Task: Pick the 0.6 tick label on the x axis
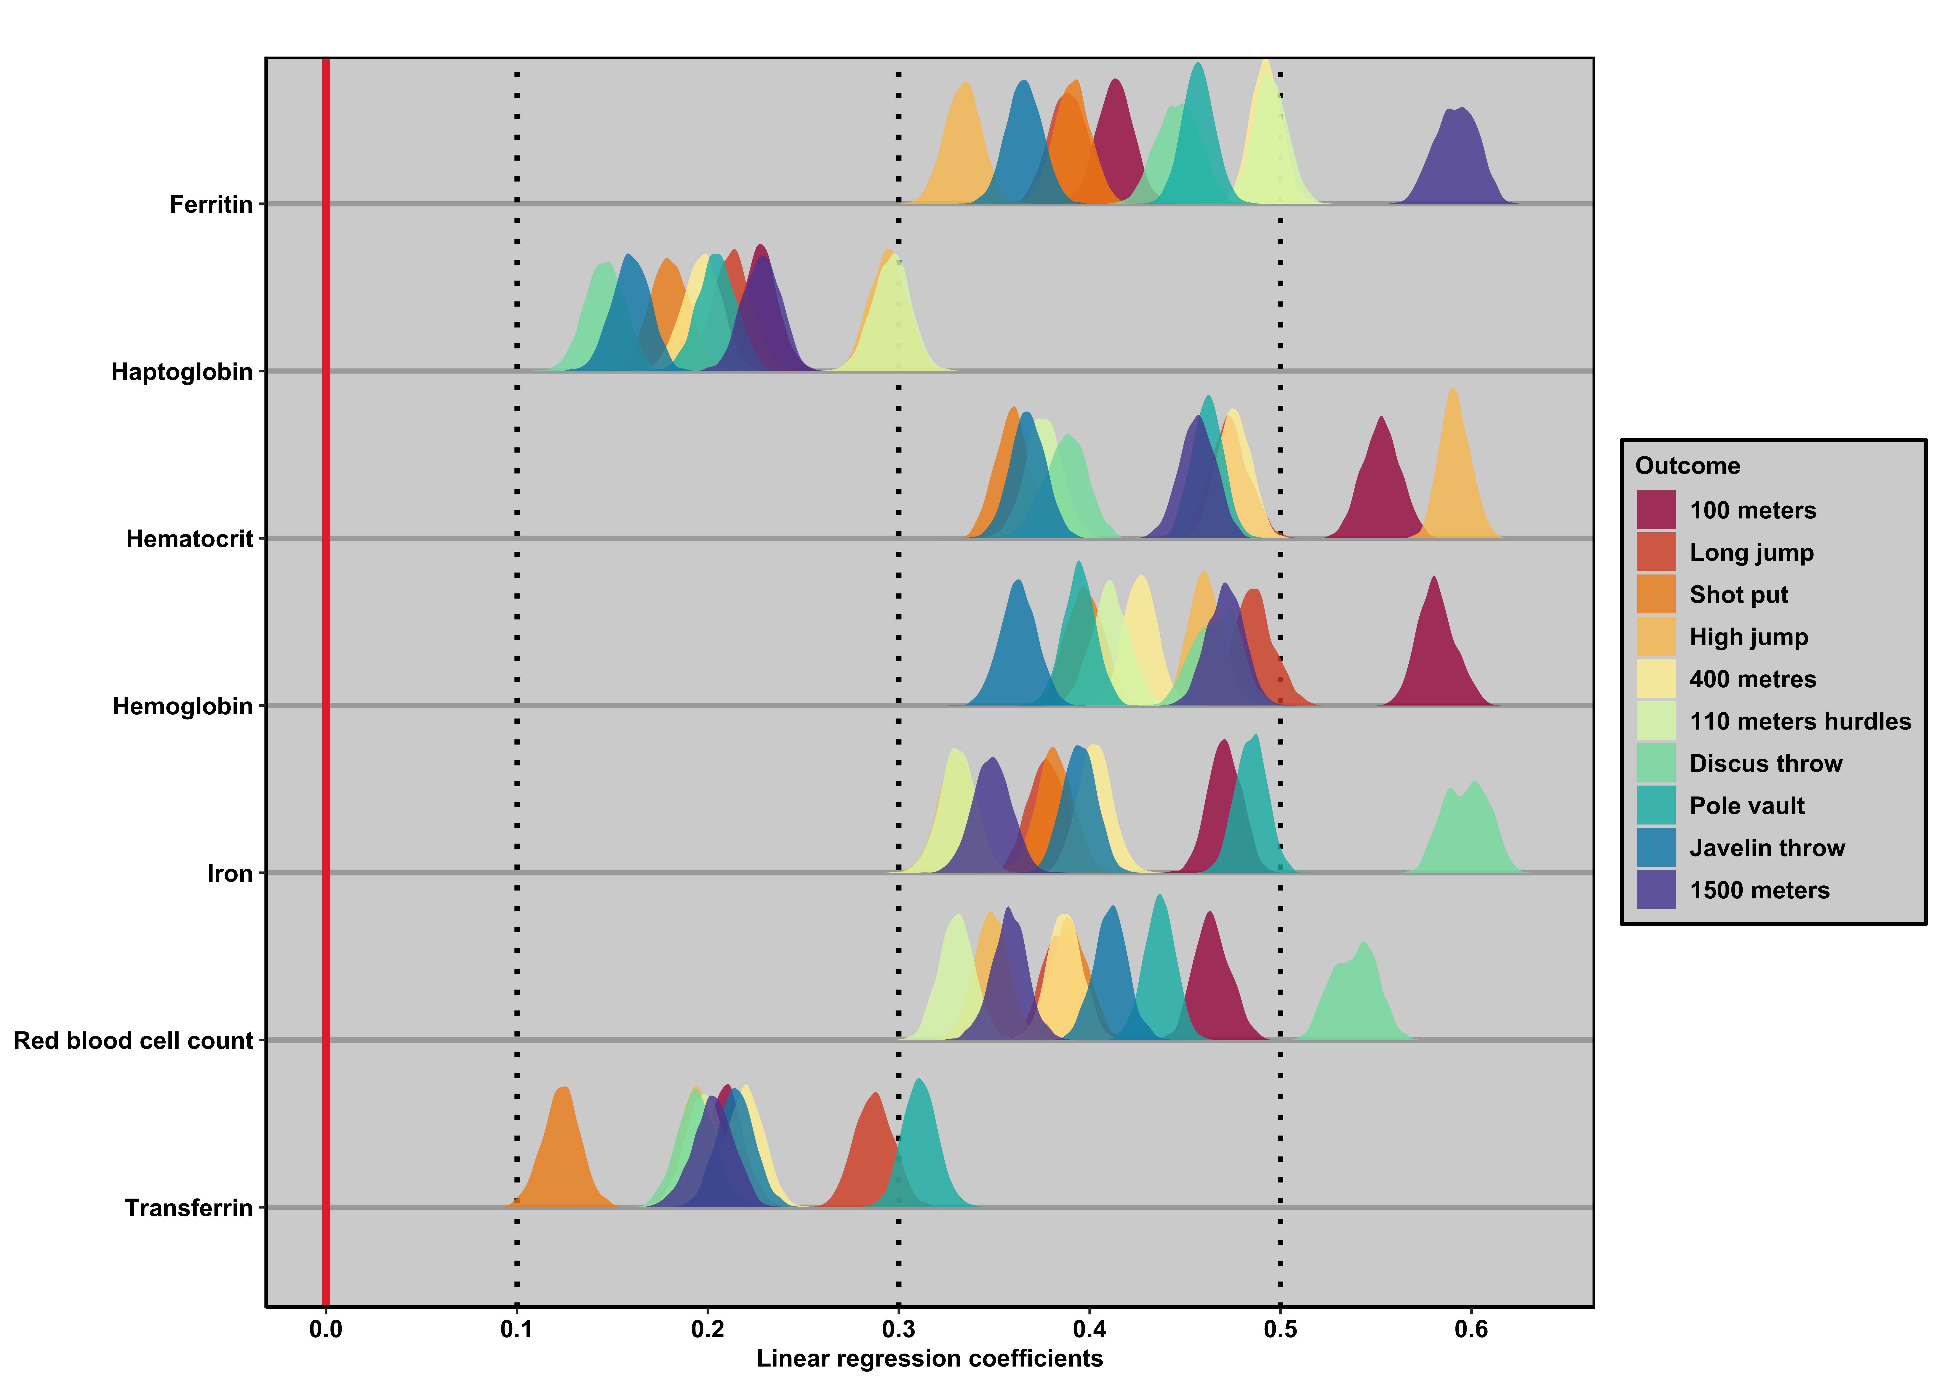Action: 1471,1329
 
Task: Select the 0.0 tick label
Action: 325,1329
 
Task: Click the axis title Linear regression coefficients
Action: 929,1359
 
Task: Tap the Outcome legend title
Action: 1687,466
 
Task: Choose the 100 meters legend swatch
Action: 1656,510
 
